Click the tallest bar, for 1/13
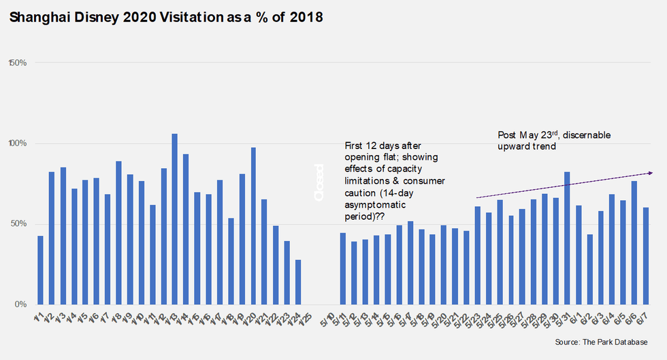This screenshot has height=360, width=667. point(174,219)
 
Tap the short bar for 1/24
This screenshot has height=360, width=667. point(297,282)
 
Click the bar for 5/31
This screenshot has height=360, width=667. point(567,238)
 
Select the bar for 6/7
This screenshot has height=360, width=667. point(645,256)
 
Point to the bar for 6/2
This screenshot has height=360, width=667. point(589,269)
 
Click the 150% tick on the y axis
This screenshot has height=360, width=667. point(16,63)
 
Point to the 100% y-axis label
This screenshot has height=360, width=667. point(16,144)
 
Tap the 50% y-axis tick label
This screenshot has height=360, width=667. point(18,224)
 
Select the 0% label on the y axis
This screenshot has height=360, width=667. point(20,304)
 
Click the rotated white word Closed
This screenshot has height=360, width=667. point(320,182)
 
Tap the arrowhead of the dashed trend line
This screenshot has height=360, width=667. point(649,173)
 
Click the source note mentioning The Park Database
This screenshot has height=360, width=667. point(601,342)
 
